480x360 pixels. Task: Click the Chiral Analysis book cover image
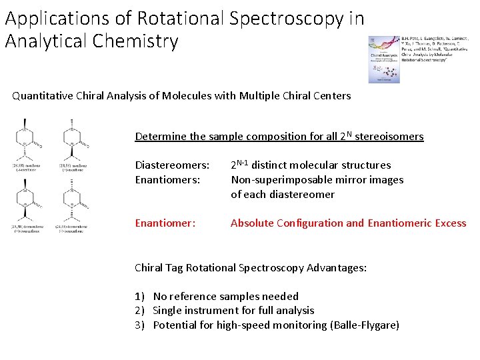pos(385,59)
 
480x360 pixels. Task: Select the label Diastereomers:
pos(172,165)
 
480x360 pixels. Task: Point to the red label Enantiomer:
pos(165,223)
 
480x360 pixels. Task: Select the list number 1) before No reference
pos(139,297)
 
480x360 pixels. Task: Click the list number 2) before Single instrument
pos(139,311)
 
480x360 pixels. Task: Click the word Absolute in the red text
pos(251,223)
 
